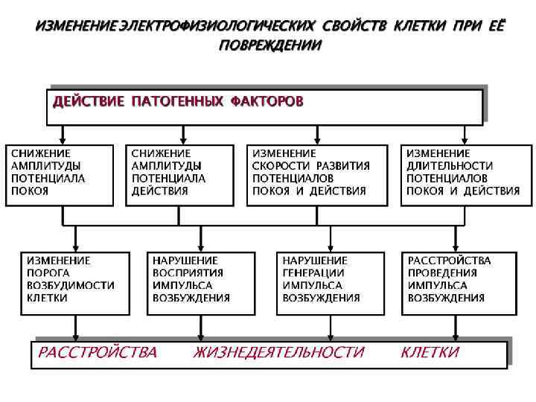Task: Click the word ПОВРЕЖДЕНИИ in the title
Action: point(270,45)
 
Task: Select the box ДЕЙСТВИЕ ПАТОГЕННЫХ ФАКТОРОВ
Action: point(266,106)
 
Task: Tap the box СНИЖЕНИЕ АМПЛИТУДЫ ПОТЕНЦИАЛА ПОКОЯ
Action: point(60,175)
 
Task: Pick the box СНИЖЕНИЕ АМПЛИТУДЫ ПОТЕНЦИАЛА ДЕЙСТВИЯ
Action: point(183,175)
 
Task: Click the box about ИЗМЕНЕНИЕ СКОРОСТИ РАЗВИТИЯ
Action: point(318,175)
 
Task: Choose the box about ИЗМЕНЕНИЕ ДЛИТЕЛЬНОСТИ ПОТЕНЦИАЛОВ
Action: point(465,175)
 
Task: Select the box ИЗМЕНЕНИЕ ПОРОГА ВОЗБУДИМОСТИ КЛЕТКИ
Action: point(74,283)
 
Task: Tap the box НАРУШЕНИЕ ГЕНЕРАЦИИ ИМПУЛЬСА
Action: point(331,283)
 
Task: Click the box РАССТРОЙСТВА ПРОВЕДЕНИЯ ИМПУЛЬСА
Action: point(456,283)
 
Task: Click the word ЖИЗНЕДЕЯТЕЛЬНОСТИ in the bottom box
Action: point(279,352)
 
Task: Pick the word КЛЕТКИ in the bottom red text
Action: point(430,352)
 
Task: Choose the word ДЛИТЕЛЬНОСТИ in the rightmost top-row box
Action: point(450,166)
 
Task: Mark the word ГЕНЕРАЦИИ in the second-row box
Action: point(313,273)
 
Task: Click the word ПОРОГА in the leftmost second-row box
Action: point(48,273)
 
